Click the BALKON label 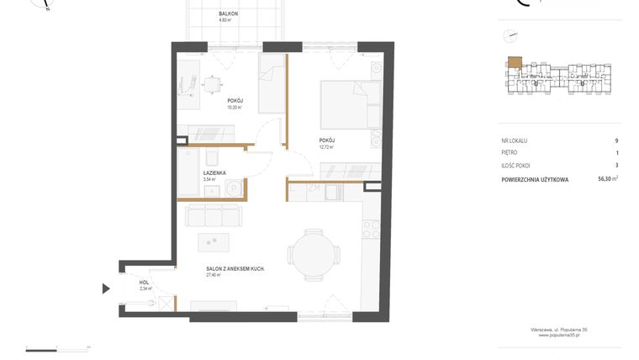(x=228, y=14)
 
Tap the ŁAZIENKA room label (x=214, y=172)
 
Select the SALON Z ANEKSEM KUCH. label (x=236, y=268)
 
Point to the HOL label (x=144, y=282)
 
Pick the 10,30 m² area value (x=234, y=107)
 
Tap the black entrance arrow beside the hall (x=106, y=289)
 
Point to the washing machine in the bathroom (x=235, y=190)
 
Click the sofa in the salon (x=214, y=214)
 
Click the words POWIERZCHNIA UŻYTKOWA (x=534, y=179)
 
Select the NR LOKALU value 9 (x=616, y=141)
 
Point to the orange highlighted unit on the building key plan (x=513, y=62)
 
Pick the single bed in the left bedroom (x=272, y=84)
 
